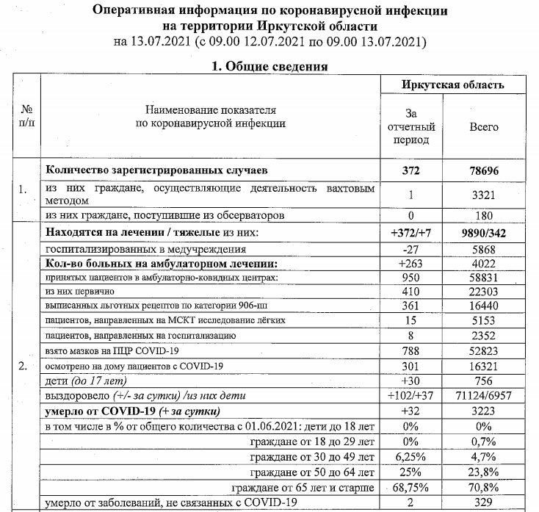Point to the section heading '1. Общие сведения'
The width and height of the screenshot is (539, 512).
pos(269,66)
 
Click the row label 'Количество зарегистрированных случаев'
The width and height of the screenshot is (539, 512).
pos(146,170)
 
